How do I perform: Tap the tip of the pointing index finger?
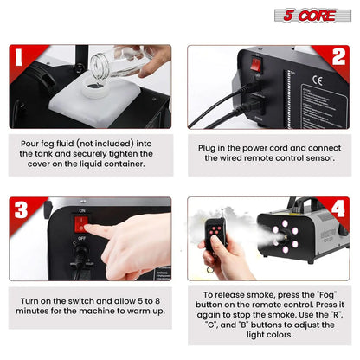click(91, 231)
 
